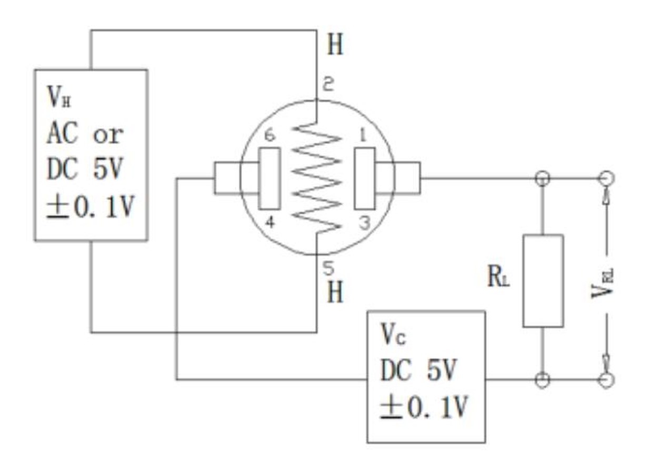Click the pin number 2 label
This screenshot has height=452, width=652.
[x=328, y=84]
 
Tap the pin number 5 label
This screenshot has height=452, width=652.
[x=328, y=268]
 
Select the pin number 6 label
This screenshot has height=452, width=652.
[x=270, y=136]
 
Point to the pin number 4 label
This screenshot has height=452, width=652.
[x=270, y=223]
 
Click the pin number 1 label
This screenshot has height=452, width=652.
[x=363, y=135]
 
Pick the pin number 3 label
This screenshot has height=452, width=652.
[x=365, y=223]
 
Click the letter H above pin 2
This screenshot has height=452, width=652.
[x=335, y=44]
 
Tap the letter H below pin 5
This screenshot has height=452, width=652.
[x=335, y=292]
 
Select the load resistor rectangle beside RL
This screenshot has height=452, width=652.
[x=543, y=281]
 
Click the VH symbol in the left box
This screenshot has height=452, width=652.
[x=59, y=97]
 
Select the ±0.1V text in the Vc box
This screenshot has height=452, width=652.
[x=424, y=407]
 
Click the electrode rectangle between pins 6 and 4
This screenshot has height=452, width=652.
[x=269, y=178]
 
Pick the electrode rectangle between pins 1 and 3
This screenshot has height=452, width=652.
[x=365, y=178]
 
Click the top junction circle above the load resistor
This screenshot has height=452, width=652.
[x=543, y=178]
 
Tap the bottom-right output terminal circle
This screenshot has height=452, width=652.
[x=607, y=380]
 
